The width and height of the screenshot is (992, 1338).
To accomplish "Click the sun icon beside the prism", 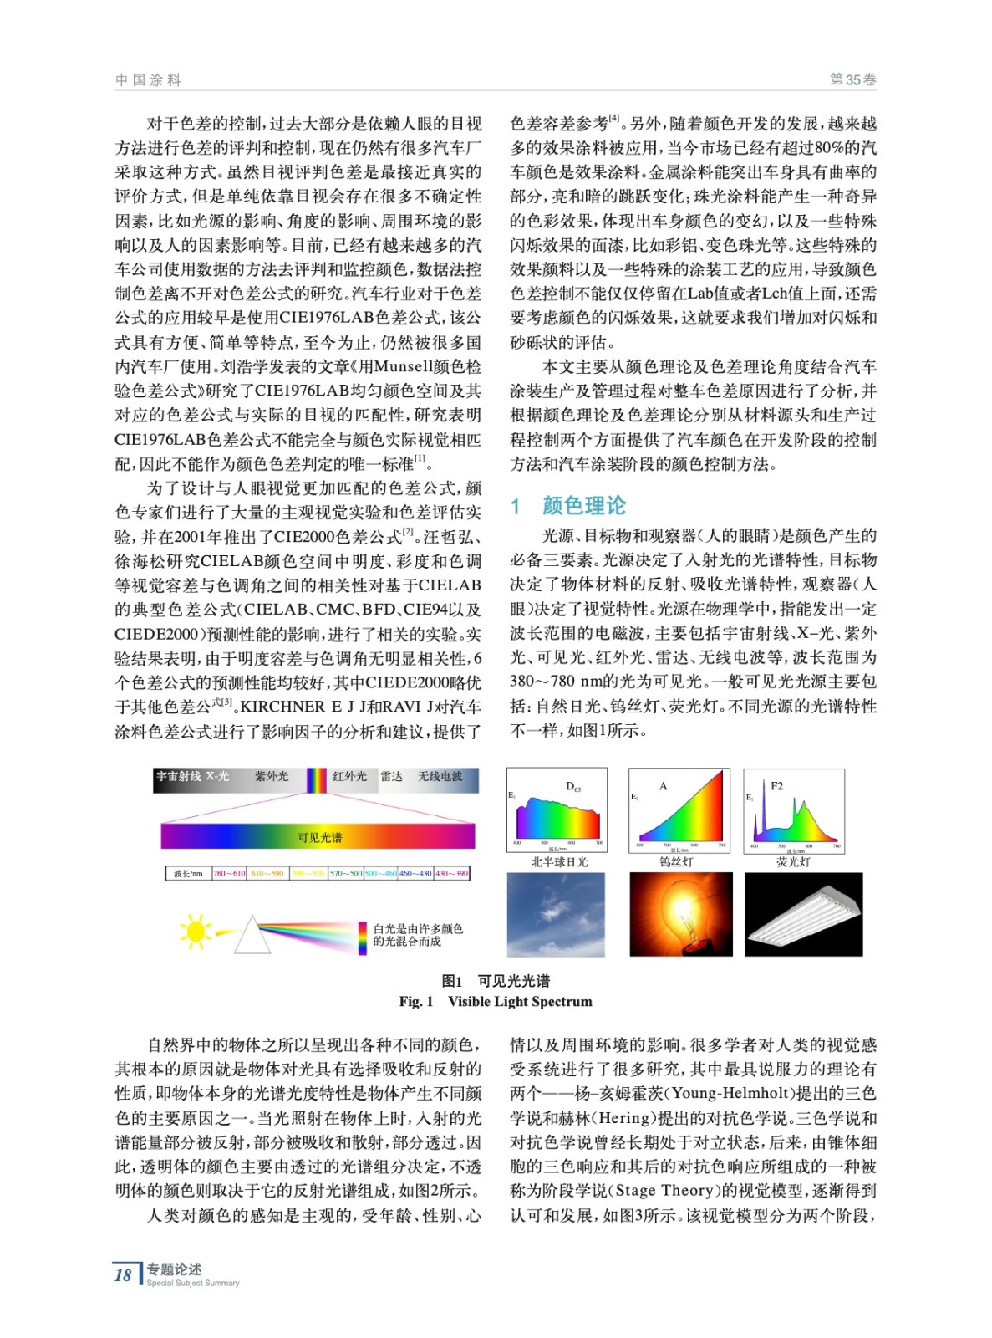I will click(195, 931).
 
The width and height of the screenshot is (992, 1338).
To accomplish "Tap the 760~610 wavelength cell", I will click(229, 873).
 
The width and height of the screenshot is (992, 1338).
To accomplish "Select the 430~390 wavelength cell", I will click(451, 873).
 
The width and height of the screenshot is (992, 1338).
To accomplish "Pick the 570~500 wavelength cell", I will click(345, 873).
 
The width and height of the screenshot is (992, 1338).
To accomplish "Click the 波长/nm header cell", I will click(188, 873).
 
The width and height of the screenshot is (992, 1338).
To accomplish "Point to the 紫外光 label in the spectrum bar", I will click(272, 777).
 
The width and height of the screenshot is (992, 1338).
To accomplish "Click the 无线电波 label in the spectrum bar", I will click(440, 777).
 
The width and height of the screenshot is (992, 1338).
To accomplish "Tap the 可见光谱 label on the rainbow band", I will click(319, 837).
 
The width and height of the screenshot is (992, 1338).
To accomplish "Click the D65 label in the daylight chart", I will click(573, 786).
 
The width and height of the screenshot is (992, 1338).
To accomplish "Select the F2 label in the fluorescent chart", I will click(777, 786).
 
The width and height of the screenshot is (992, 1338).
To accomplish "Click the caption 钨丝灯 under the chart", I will click(676, 861).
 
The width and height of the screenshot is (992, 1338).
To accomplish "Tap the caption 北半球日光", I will click(559, 861).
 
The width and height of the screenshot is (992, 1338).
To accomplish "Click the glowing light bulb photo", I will click(680, 914).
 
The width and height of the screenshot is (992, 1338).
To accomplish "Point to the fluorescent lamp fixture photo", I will click(802, 914).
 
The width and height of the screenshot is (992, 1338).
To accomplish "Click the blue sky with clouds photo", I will click(556, 914).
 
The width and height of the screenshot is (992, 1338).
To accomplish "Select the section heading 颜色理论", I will click(583, 506).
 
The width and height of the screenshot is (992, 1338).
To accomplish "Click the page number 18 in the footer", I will click(123, 1275).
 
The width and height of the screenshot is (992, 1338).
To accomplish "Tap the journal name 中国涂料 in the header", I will click(148, 80).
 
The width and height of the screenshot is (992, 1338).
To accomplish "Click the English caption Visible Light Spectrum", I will click(520, 1002).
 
